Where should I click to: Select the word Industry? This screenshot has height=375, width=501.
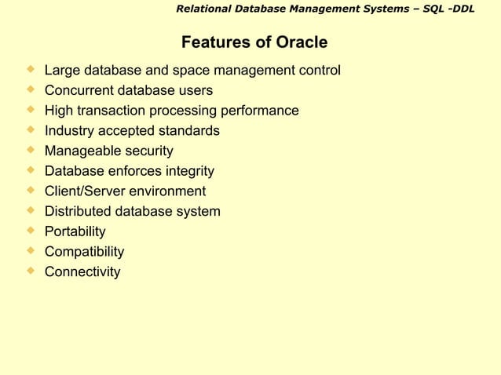point(69,131)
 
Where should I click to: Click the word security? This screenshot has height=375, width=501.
point(148,151)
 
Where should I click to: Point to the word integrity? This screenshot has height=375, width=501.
point(185,171)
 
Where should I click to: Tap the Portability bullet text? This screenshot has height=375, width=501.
point(75,231)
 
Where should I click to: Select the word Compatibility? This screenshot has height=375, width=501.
point(84,252)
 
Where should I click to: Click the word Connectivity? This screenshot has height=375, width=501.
point(82,272)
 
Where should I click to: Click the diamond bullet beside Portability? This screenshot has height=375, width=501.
point(31,231)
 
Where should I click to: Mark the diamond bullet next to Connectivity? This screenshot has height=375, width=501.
point(31,271)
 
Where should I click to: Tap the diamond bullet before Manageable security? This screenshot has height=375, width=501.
point(31,150)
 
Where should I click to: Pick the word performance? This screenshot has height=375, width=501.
point(259,111)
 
